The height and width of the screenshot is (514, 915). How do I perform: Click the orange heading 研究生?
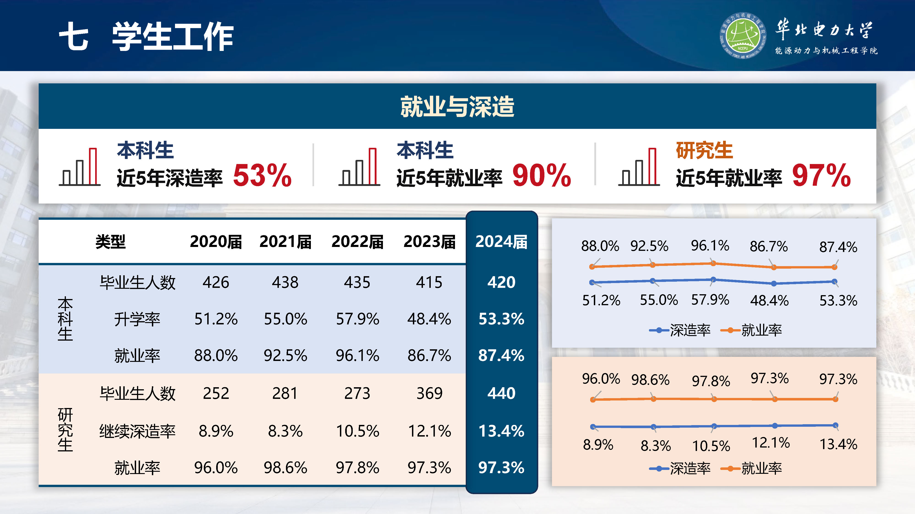(704, 150)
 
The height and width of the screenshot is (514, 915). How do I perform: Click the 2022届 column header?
(357, 242)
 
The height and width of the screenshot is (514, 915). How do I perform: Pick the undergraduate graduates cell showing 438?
(285, 282)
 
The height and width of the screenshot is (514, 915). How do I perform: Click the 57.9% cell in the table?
(357, 319)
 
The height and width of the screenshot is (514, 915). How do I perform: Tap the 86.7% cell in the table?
(429, 355)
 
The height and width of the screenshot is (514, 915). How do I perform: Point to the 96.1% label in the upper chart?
(710, 246)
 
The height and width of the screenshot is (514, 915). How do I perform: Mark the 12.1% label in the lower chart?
(770, 443)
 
